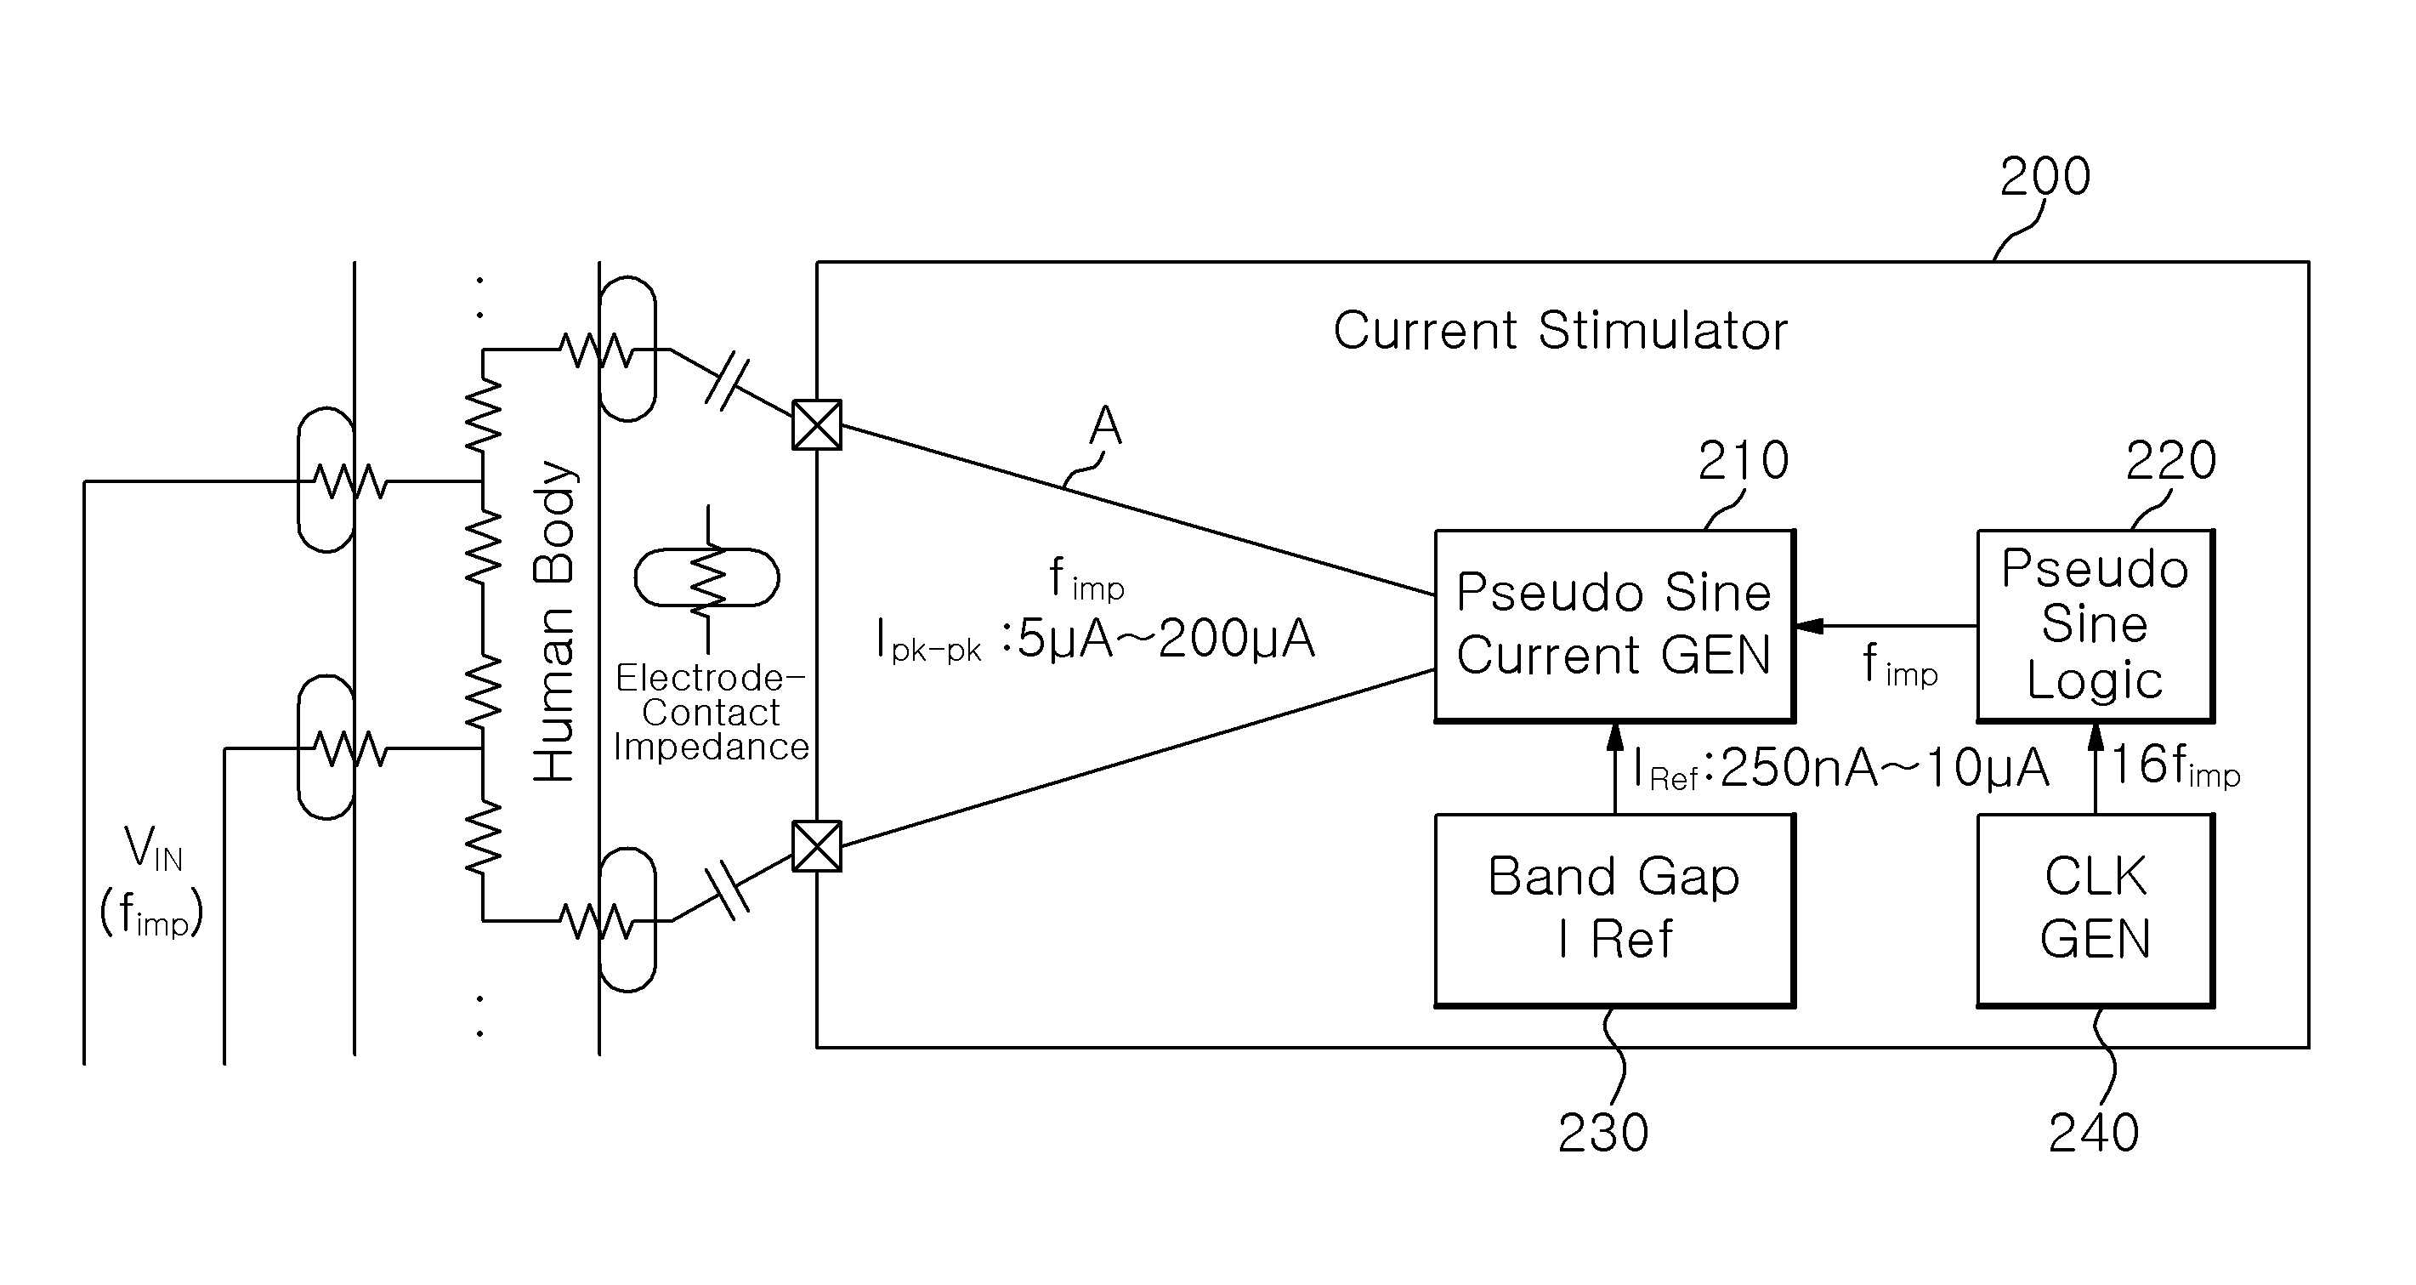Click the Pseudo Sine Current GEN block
pos(1614,626)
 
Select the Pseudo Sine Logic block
pos(2096,626)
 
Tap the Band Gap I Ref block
pos(1614,911)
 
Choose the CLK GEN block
pos(2096,911)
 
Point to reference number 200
pos(2045,176)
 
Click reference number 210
pos(1744,461)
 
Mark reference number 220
pos(2170,461)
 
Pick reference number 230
pos(1602,1133)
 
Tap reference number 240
pos(2093,1133)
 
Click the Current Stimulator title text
pos(1561,331)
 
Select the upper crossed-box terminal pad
pos(817,425)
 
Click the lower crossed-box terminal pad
pos(817,846)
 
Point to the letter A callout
pos(1105,425)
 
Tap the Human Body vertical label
pos(553,621)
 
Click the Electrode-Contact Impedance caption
pos(710,713)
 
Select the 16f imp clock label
pos(2175,766)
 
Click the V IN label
pos(153,849)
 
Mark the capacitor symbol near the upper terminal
pos(728,384)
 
